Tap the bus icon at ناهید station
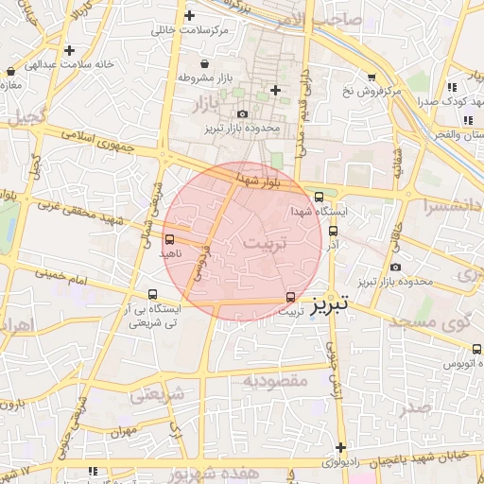(169, 240)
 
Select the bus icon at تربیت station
(290, 297)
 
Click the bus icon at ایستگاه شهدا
(319, 197)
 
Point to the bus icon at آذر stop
(332, 230)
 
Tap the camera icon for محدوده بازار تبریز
(242, 114)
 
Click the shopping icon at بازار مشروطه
(181, 78)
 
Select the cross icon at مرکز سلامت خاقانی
(191, 16)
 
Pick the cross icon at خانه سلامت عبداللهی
(68, 50)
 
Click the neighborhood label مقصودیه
(275, 380)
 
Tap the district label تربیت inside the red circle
(263, 243)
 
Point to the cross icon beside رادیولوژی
(339, 448)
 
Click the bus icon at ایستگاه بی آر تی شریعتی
(153, 294)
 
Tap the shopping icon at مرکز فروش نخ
(372, 78)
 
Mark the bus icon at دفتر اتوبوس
(476, 349)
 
